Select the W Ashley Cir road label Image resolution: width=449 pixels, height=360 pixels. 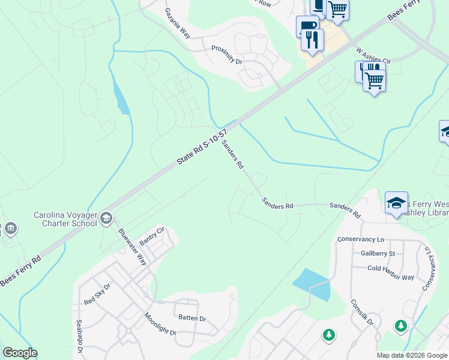[x=373, y=56]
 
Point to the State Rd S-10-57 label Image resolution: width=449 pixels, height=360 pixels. [x=202, y=148]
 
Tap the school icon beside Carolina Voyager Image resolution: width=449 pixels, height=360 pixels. [x=107, y=217]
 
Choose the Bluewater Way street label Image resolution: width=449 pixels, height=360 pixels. [x=133, y=247]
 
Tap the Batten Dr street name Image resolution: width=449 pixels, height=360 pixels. [x=191, y=319]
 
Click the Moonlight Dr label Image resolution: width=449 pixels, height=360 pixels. [x=160, y=324]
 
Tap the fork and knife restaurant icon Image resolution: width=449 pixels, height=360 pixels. [x=313, y=40]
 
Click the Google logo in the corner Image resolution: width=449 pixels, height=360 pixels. [x=20, y=353]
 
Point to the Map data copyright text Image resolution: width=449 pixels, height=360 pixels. [x=412, y=355]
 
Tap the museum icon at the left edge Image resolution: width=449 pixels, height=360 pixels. [x=10, y=228]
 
